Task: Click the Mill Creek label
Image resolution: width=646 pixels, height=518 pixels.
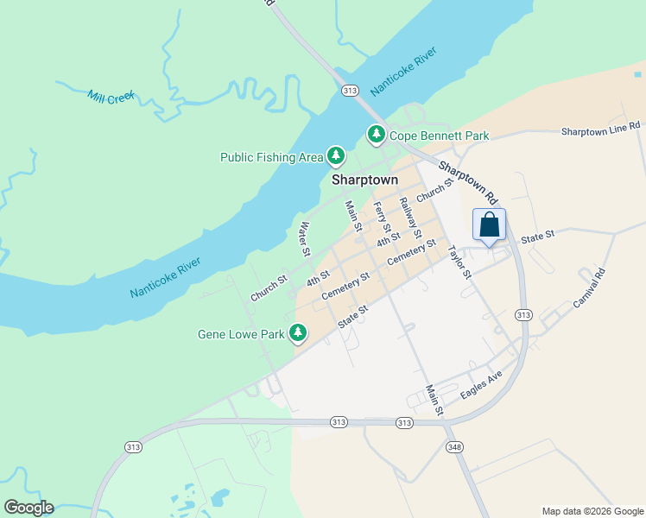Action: point(111,96)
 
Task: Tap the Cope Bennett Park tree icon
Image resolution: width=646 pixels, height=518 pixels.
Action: point(377,135)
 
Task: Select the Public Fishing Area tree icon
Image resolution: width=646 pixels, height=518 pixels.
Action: point(336,156)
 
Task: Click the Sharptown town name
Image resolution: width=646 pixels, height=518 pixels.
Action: point(365,180)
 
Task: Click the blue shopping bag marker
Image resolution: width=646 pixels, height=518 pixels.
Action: point(489,225)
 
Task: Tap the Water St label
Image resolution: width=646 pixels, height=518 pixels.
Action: point(304,240)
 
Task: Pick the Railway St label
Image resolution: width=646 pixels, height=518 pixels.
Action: point(409,218)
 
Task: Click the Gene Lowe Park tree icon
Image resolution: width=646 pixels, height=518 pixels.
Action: point(298,332)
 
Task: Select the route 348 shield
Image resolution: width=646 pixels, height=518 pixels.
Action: point(454,447)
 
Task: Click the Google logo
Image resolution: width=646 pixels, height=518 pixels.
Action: point(28,507)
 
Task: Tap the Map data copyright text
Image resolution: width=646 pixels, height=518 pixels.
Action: point(592,511)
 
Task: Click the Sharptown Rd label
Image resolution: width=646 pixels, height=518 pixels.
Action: point(468,179)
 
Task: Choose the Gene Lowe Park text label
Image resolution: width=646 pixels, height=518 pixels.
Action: point(241,333)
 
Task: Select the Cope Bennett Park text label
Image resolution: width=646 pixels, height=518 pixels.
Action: point(439,136)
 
